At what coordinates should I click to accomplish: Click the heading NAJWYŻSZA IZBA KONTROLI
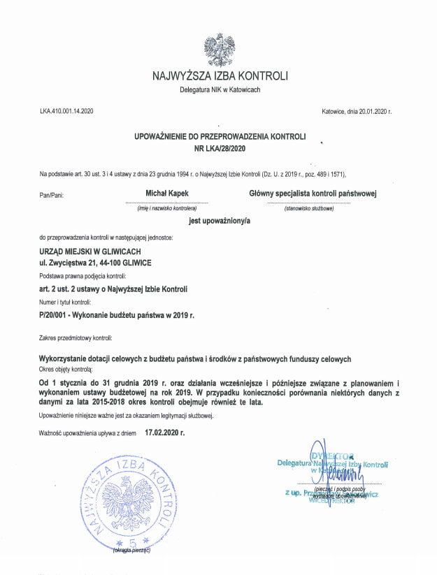click(219, 76)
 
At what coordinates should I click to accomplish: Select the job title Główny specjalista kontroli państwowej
click(313, 192)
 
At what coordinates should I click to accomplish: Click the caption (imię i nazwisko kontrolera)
click(167, 208)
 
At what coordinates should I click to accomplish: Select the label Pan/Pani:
click(52, 195)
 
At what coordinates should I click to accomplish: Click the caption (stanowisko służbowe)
click(309, 208)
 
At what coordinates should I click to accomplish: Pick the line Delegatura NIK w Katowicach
click(219, 90)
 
